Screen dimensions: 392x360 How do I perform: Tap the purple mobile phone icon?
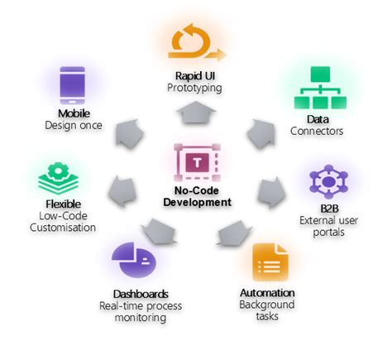click(72, 85)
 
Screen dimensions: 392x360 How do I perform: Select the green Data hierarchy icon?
click(320, 88)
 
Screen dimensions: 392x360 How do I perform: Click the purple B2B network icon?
click(328, 181)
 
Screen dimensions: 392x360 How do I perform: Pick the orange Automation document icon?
click(270, 262)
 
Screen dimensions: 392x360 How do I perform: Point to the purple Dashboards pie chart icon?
click(134, 260)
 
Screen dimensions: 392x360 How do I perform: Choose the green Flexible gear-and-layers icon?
click(58, 179)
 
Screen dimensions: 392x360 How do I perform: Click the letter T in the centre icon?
click(198, 162)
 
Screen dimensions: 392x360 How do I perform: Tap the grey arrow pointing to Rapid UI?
click(196, 113)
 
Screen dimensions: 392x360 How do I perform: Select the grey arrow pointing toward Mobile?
click(129, 133)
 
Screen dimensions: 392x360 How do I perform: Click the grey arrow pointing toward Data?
click(261, 133)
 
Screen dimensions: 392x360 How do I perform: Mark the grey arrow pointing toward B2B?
click(271, 193)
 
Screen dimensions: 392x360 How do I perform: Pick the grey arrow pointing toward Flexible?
click(122, 191)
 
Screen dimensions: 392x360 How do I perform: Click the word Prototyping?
click(194, 88)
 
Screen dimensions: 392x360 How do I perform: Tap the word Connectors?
click(317, 131)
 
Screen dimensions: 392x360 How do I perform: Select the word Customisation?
click(63, 228)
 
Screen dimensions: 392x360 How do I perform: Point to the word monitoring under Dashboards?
click(141, 318)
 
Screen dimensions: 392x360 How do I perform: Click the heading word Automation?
click(267, 293)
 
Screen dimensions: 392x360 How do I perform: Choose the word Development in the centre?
click(197, 202)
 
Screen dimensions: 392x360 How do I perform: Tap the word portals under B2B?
click(328, 233)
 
